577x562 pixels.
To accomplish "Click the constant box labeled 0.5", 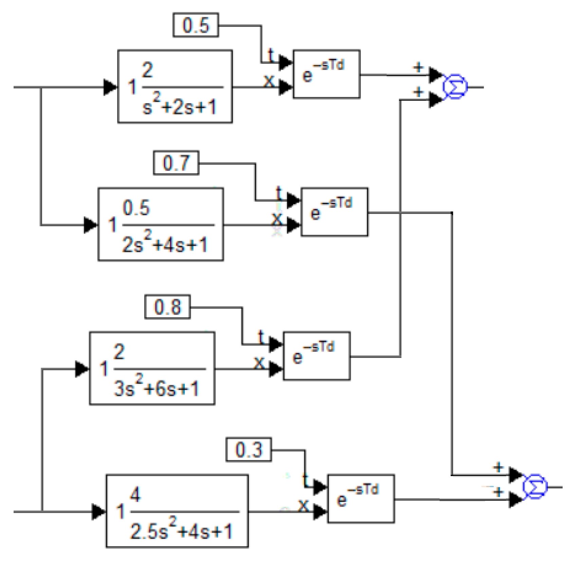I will pyautogui.click(x=196, y=25).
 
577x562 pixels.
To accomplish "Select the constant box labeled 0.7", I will pyautogui.click(x=176, y=163).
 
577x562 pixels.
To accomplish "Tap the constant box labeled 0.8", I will pyautogui.click(x=167, y=307).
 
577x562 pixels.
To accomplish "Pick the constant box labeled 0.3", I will pyautogui.click(x=249, y=450).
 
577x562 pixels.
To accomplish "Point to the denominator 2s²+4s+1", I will pyautogui.click(x=165, y=244).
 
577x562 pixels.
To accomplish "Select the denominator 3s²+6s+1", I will pyautogui.click(x=156, y=388).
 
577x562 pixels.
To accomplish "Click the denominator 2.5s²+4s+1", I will pyautogui.click(x=181, y=531).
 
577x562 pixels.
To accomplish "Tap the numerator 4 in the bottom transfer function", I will pyautogui.click(x=135, y=494).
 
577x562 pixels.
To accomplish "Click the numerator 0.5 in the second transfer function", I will pyautogui.click(x=136, y=207).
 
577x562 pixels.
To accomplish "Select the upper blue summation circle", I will pyautogui.click(x=455, y=87).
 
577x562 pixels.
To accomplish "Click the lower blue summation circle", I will pyautogui.click(x=535, y=487).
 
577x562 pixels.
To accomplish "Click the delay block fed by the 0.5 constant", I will pyautogui.click(x=326, y=74).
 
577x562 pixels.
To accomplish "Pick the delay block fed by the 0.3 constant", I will pyautogui.click(x=361, y=498).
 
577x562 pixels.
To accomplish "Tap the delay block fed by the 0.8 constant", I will pyautogui.click(x=317, y=356).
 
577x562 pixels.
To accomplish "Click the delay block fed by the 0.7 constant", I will pyautogui.click(x=334, y=212).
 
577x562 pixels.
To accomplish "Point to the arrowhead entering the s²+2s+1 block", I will pyautogui.click(x=110, y=87).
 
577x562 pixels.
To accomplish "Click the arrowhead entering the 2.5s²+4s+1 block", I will pyautogui.click(x=99, y=512).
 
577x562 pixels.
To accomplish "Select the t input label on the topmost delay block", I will pyautogui.click(x=271, y=55).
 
